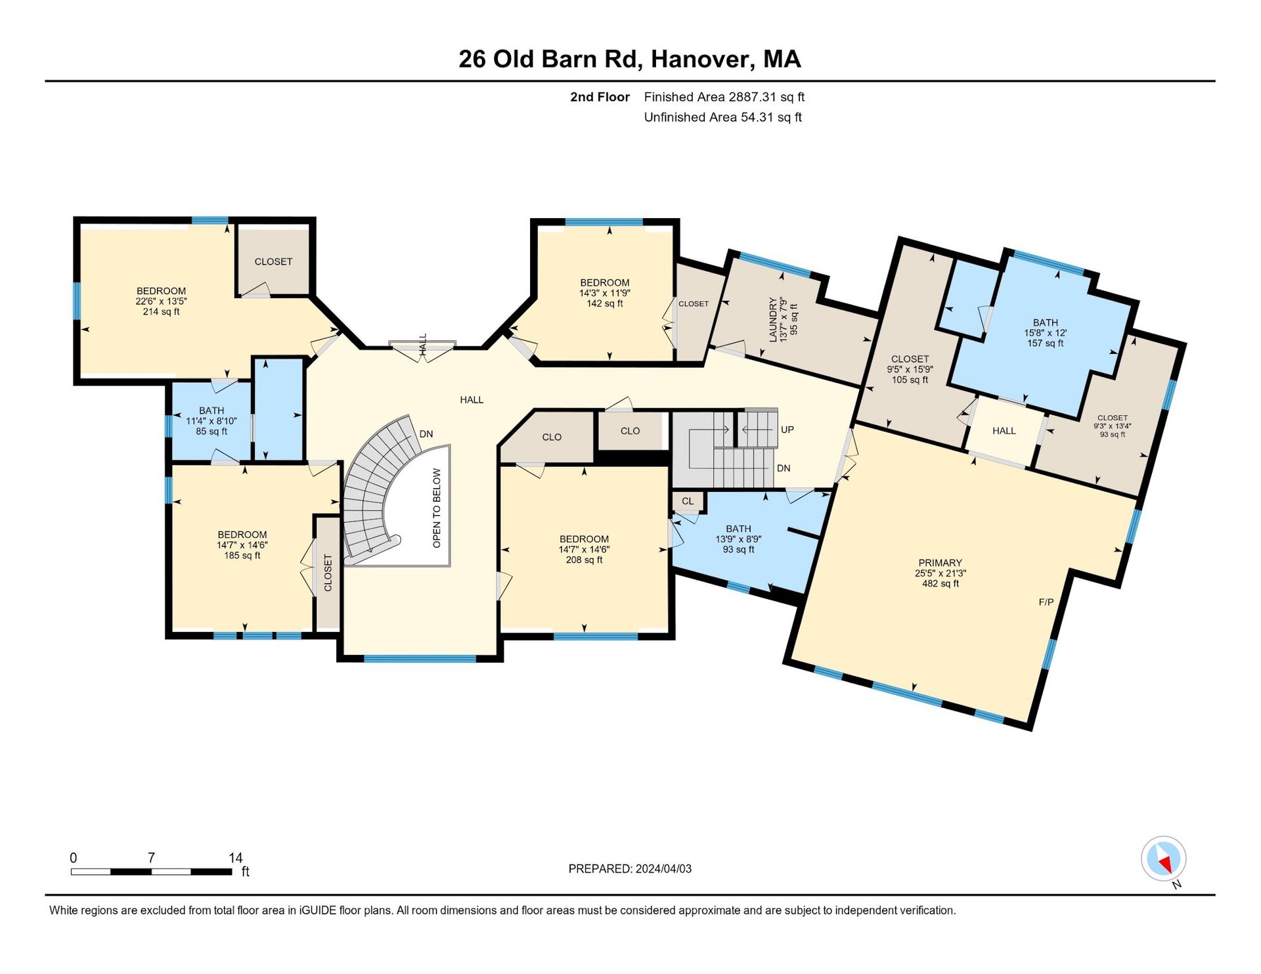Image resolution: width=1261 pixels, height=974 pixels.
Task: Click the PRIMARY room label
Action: point(940,563)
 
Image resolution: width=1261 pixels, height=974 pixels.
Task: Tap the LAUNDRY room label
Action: point(773,320)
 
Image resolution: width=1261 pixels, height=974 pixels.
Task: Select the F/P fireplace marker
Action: point(1046,602)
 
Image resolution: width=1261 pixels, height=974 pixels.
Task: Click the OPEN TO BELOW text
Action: point(437,508)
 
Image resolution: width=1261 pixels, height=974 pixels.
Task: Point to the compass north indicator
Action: point(1164,859)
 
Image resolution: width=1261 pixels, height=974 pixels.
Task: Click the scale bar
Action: point(152,872)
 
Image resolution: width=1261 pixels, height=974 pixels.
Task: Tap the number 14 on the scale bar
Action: point(235,858)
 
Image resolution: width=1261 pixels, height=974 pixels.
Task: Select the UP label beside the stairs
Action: point(787,430)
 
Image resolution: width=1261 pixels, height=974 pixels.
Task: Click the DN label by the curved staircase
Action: point(426,434)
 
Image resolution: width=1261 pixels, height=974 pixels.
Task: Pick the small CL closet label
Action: point(688,501)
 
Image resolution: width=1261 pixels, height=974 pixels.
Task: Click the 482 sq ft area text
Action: point(940,583)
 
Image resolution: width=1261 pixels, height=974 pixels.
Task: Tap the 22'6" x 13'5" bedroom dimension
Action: point(162,301)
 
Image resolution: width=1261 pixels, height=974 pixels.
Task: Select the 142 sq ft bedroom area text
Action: point(605,303)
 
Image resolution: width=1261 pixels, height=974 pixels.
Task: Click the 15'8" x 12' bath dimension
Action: point(1046,333)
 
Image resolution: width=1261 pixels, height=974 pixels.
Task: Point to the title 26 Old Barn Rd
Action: point(549,59)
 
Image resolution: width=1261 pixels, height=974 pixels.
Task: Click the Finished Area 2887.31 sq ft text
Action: point(724,97)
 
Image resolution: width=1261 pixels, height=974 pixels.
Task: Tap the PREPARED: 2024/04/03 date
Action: point(630,869)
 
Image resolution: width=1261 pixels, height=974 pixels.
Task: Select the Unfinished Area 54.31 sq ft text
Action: point(723,118)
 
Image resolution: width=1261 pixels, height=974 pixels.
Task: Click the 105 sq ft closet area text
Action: point(910,380)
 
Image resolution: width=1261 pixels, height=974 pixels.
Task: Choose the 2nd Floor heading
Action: point(600,97)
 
